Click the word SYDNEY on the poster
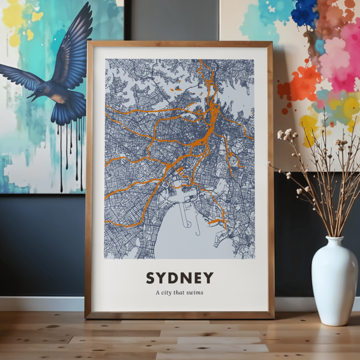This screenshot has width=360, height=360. [180, 278]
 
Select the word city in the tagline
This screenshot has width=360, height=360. [167, 293]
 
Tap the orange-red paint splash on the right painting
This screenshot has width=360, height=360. [300, 85]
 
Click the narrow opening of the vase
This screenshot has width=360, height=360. [334, 238]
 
